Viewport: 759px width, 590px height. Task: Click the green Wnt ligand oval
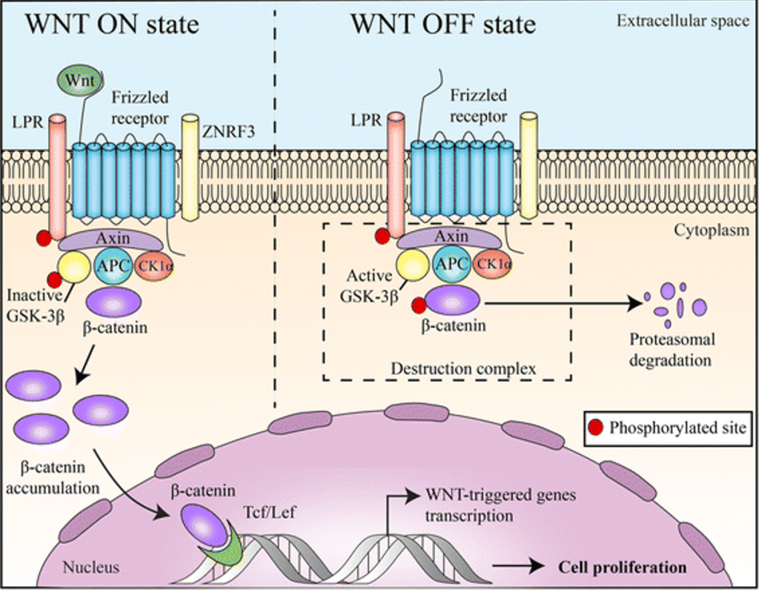pos(81,79)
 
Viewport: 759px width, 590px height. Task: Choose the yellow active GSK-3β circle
pos(411,264)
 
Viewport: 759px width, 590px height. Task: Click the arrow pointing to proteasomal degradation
pos(563,302)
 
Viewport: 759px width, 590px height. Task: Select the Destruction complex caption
pos(463,368)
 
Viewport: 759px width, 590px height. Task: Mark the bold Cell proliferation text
pos(621,568)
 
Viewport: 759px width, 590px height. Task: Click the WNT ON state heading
pos(113,24)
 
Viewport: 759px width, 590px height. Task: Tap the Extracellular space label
pos(682,21)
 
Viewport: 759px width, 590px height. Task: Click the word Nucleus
pos(90,569)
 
